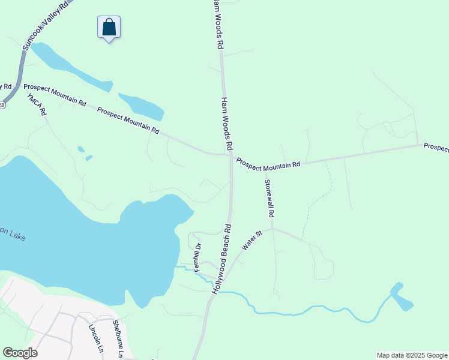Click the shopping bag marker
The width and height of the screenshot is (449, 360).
click(109, 28)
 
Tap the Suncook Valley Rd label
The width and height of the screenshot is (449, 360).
click(46, 25)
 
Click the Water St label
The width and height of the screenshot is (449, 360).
click(252, 240)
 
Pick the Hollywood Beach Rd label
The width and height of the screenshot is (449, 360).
click(222, 258)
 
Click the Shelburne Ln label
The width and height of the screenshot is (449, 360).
click(118, 340)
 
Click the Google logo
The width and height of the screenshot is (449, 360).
click(20, 353)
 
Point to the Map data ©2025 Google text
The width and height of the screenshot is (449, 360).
click(411, 355)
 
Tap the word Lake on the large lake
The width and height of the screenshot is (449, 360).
click(17, 236)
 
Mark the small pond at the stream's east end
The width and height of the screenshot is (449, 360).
click(400, 296)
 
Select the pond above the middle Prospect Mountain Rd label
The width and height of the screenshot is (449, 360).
click(142, 107)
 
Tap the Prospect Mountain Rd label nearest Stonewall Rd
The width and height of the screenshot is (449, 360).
click(268, 163)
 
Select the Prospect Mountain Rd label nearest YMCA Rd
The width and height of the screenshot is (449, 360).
click(55, 95)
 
